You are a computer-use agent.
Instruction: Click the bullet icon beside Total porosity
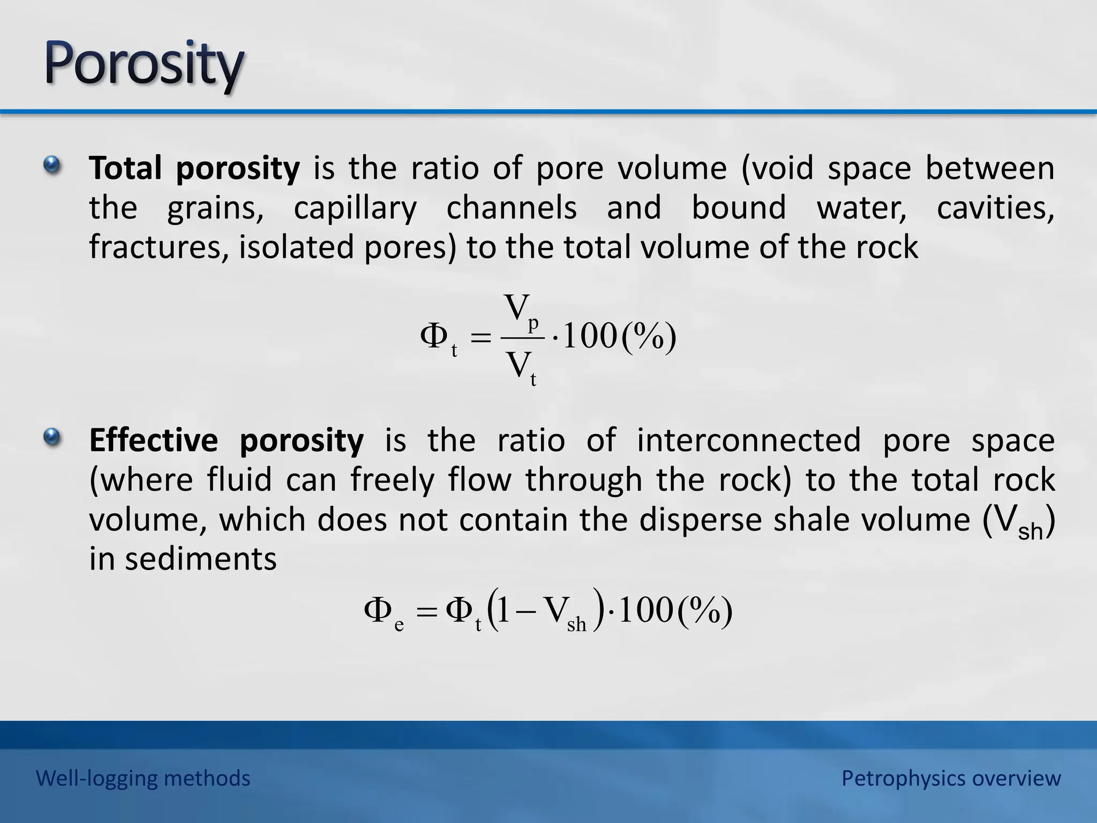(x=52, y=165)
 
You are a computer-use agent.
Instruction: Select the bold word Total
(x=125, y=168)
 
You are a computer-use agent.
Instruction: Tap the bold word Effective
(x=153, y=440)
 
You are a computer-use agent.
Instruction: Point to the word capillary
(x=355, y=209)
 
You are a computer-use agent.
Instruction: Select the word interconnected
(x=748, y=440)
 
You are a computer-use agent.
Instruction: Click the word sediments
(x=201, y=559)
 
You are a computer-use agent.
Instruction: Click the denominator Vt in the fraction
(x=522, y=369)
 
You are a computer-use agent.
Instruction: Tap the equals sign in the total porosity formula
(x=480, y=339)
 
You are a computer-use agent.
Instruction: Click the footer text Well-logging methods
(x=143, y=778)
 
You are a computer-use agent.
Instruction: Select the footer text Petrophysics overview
(x=951, y=778)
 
